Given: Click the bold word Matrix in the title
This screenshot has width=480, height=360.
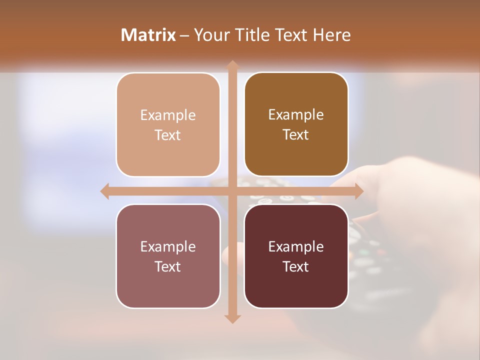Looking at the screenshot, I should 148,35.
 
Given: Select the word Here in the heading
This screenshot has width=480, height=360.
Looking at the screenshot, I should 331,35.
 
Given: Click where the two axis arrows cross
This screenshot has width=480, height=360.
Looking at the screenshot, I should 232,191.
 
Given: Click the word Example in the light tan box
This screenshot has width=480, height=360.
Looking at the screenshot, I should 168,115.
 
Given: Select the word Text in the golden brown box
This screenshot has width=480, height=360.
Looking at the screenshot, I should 296,135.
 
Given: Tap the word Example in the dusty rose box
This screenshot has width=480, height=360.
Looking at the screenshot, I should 168,247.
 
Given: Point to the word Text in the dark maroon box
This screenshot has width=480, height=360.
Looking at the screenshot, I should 296,266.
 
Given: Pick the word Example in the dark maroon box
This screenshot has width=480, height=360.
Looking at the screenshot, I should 296,247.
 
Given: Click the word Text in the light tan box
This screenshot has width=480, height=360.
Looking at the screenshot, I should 168,135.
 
